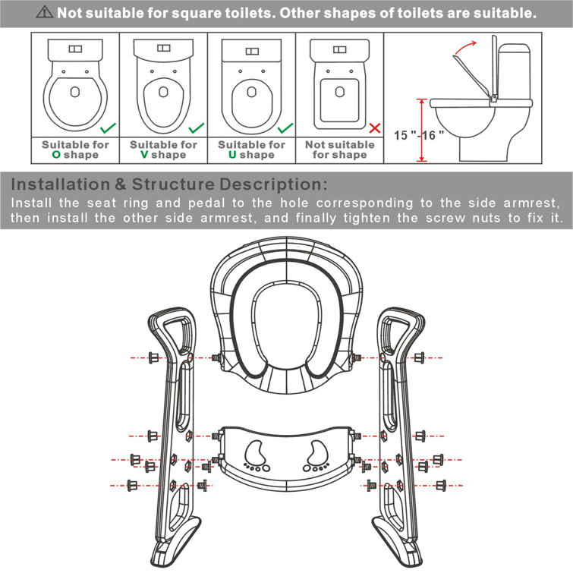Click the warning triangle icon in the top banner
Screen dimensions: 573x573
click(46, 14)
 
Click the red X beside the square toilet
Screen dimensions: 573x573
click(373, 129)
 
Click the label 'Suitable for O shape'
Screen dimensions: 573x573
click(75, 150)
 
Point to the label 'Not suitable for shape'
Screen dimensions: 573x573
click(339, 150)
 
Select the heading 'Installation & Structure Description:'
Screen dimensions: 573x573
click(169, 185)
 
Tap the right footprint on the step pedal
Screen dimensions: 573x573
click(315, 455)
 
